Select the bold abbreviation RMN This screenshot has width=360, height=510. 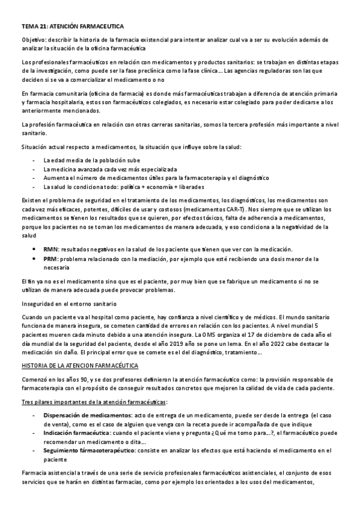[x=51, y=249]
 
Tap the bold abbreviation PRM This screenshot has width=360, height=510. [x=51, y=259]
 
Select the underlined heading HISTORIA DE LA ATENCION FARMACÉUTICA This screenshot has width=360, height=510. [x=80, y=366]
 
